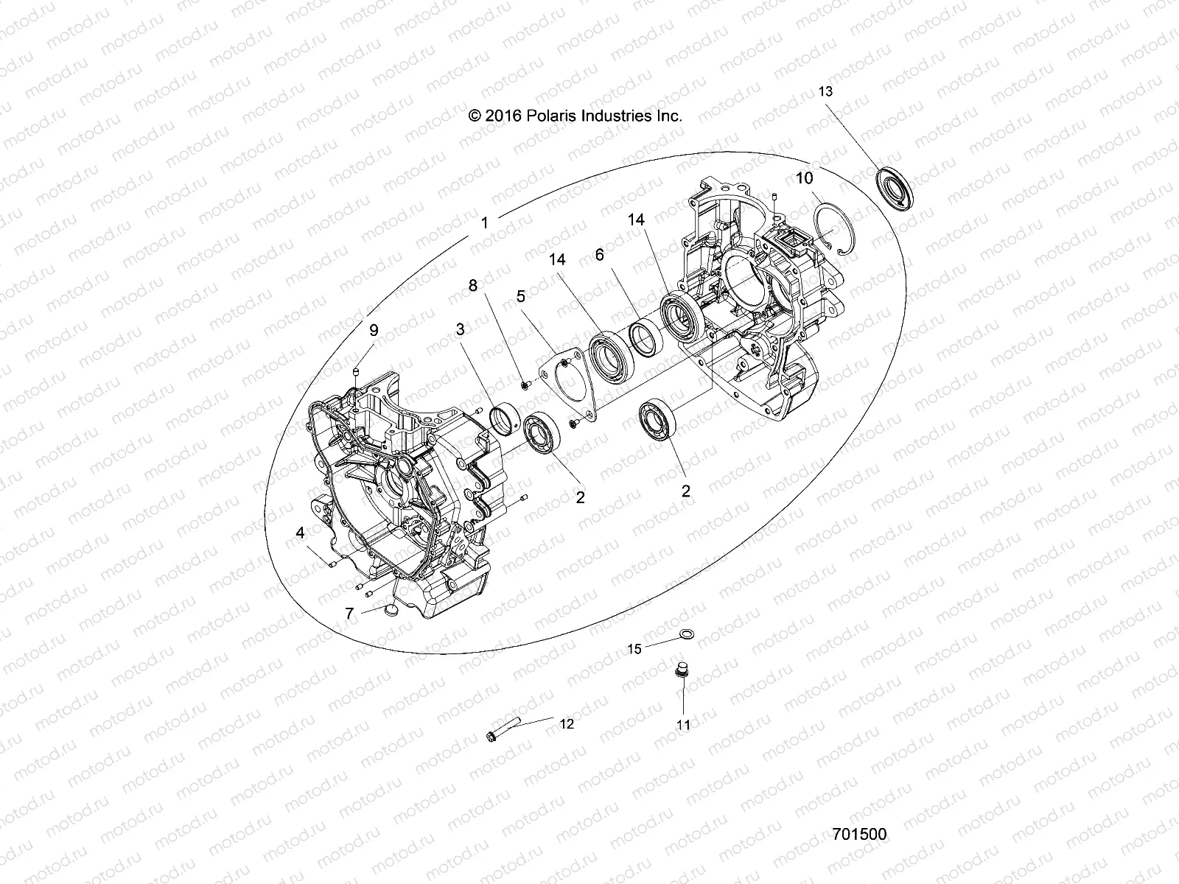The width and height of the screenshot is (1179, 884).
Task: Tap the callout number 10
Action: tap(804, 178)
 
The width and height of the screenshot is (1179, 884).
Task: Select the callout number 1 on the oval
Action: tap(484, 223)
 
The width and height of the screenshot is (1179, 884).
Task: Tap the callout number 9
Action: tap(373, 330)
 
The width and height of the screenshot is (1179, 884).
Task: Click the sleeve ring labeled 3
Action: tap(506, 418)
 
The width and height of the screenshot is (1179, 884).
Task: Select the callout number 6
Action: tap(599, 254)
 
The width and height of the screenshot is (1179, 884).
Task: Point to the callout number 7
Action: tap(350, 612)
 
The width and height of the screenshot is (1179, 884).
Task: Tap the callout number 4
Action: tap(300, 532)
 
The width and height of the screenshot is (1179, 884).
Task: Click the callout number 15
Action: tap(634, 649)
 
